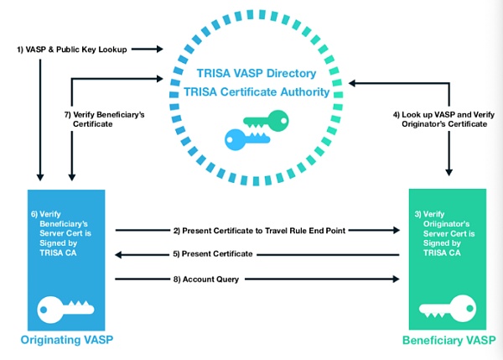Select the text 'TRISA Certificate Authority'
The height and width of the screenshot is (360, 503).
coord(255,91)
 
